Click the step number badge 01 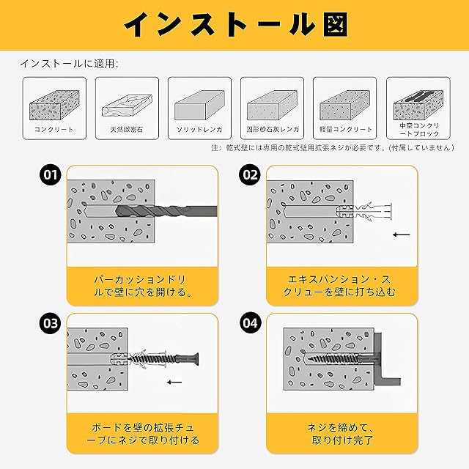[51, 174]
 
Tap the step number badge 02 [250, 174]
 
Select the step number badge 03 [51, 323]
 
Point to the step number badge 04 [250, 323]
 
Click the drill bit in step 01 [166, 211]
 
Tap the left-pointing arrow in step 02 [401, 234]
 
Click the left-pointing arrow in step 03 [174, 382]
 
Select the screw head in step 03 [194, 358]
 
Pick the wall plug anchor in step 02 [364, 211]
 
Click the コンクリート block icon [54, 105]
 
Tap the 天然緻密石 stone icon [127, 106]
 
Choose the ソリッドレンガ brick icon [199, 105]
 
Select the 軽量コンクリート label [346, 129]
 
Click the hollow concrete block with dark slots [418, 105]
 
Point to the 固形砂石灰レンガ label [273, 129]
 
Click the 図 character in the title [336, 24]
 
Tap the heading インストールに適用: [69, 64]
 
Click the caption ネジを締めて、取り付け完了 [342, 434]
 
